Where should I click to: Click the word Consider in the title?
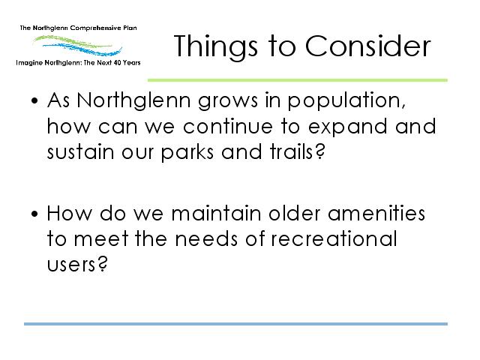point(368,46)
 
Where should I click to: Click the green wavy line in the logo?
point(72,41)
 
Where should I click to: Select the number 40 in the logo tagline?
point(116,63)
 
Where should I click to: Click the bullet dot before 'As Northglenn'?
point(34,100)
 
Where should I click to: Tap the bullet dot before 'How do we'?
point(34,213)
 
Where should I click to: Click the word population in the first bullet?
point(346,101)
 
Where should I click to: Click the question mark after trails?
point(319,151)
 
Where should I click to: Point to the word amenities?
point(376,213)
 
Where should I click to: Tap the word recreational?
point(334,238)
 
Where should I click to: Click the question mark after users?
point(103,264)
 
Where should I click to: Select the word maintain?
point(216,213)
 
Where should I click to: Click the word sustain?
point(80,152)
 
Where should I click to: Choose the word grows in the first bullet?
point(228,102)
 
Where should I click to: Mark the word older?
point(295,213)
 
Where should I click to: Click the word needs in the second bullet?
point(206,238)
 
